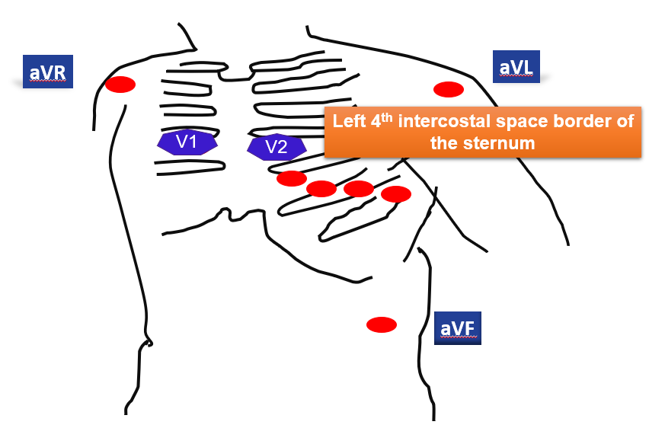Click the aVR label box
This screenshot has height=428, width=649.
click(x=48, y=72)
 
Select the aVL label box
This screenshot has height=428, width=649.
click(x=516, y=68)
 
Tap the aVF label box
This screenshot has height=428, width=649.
click(x=458, y=327)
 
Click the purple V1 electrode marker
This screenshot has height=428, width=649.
click(x=187, y=142)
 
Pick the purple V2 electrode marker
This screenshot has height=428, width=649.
click(x=277, y=147)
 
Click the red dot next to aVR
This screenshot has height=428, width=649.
click(x=120, y=85)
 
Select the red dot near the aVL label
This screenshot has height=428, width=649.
click(x=449, y=90)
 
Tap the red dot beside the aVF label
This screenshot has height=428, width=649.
click(x=382, y=325)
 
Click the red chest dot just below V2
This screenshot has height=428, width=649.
click(x=292, y=178)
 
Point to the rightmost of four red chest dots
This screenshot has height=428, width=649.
click(x=396, y=194)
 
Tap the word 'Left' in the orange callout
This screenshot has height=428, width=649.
click(x=350, y=122)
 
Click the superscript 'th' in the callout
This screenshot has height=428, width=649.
click(x=388, y=117)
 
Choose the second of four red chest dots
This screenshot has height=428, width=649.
click(x=321, y=189)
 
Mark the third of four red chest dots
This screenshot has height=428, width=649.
click(x=359, y=189)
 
